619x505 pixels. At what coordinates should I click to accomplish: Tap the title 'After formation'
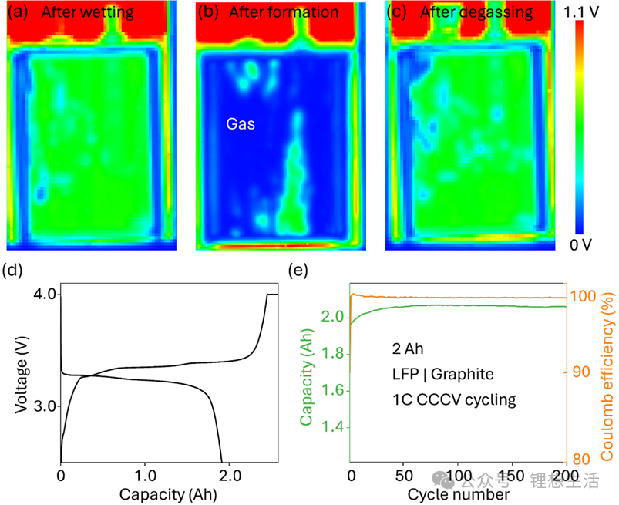tap(283, 12)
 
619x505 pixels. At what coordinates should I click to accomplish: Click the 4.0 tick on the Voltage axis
tap(43, 295)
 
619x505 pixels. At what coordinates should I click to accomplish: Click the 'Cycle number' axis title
tap(459, 491)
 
